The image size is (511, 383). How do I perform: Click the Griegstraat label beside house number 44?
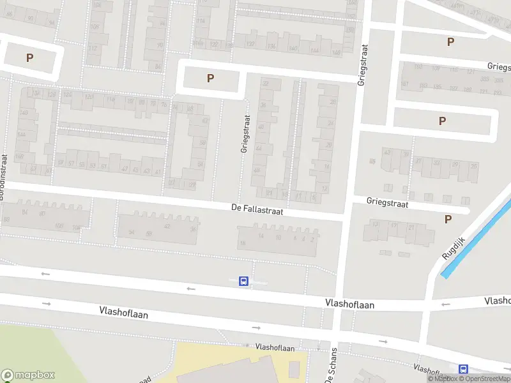click(244, 133)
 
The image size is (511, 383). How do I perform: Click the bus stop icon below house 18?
click(243, 281)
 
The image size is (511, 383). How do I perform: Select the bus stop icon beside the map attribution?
click(463, 369)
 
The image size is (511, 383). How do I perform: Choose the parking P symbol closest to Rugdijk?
click(448, 219)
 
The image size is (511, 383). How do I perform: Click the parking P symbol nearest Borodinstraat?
click(29, 57)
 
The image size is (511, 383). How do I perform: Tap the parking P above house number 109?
click(450, 41)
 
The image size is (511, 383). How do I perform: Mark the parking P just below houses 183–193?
click(442, 121)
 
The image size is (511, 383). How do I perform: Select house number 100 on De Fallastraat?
click(59, 226)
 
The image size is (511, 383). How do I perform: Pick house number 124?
click(67, 94)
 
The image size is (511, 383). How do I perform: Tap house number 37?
click(419, 161)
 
